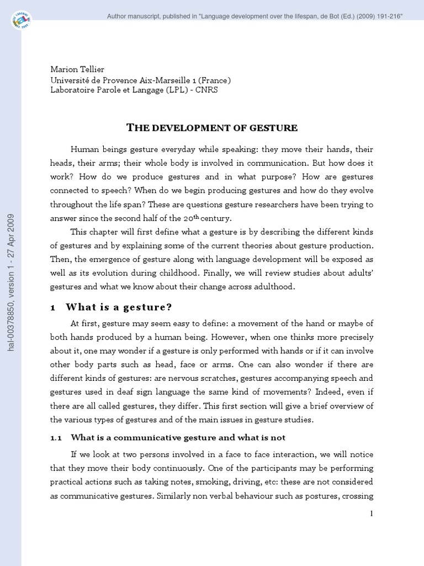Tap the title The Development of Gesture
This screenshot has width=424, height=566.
click(212, 128)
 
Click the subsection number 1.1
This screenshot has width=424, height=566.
click(56, 437)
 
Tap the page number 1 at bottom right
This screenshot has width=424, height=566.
click(372, 513)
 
